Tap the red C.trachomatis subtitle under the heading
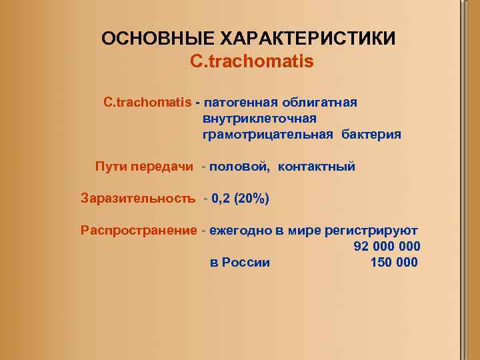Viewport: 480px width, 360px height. coord(251,61)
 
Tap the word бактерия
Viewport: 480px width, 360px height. coord(371,135)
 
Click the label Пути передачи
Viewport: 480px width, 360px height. coord(144,167)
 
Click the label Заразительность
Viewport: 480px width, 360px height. coord(138,199)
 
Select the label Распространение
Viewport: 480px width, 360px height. coord(138,231)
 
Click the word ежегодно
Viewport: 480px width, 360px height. coord(239,231)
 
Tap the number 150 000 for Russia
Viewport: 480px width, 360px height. coord(394,263)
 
